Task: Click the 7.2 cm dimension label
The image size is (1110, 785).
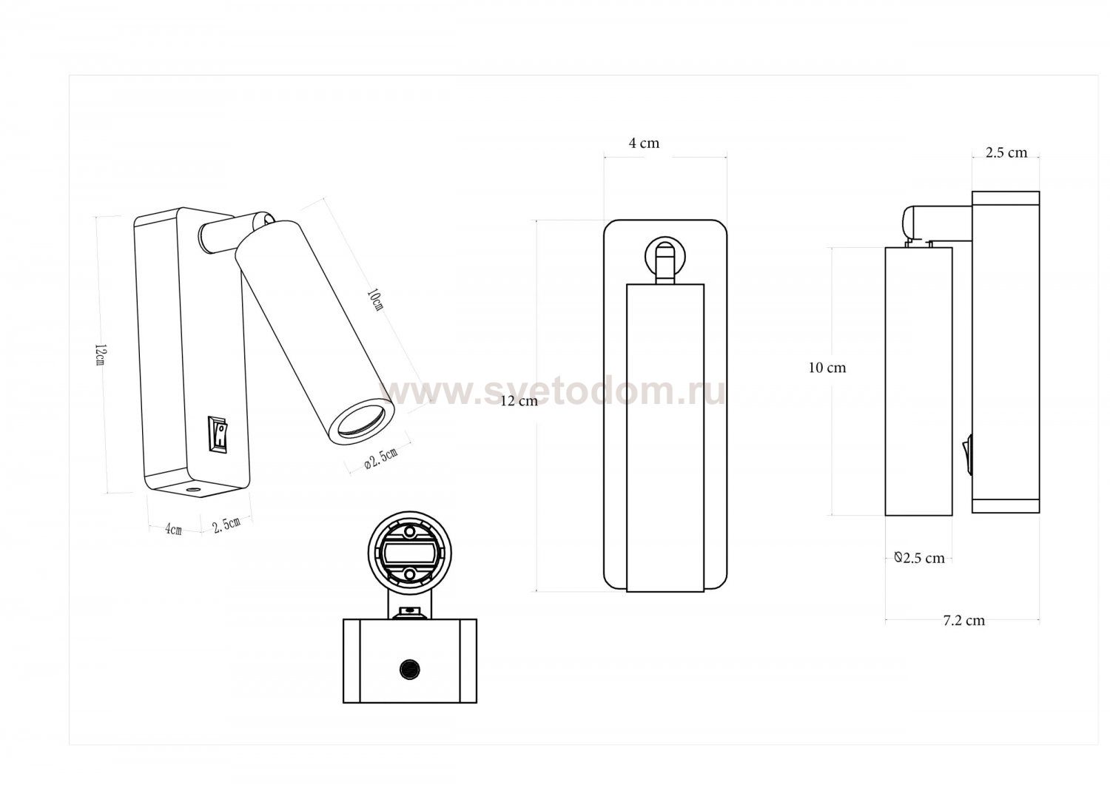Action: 963,621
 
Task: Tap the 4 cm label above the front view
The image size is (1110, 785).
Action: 645,144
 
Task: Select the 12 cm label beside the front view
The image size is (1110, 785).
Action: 519,401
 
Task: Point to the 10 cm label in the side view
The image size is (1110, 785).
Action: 827,368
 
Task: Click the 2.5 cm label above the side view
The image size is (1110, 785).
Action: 1006,152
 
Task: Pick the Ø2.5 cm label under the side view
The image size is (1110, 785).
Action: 919,558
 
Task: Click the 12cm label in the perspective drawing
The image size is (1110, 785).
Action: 101,354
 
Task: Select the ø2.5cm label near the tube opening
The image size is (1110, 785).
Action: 380,458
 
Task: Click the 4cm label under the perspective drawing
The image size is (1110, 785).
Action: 173,529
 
